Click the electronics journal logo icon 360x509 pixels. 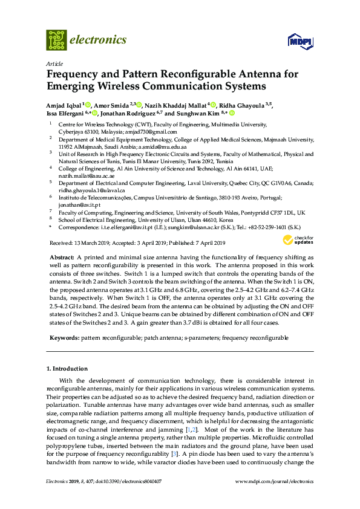[x=56, y=39]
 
